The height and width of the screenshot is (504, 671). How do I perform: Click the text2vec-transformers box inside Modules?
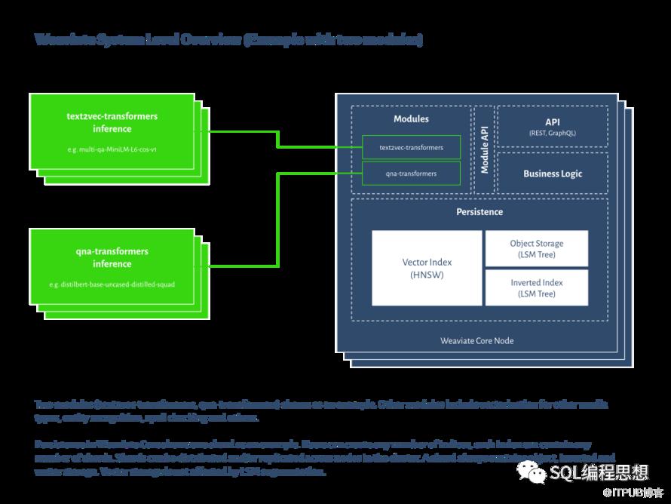click(x=411, y=147)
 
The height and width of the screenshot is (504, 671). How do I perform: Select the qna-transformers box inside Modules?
click(x=411, y=174)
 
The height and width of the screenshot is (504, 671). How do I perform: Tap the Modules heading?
click(x=411, y=119)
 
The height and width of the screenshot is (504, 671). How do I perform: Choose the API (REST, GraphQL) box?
click(x=553, y=126)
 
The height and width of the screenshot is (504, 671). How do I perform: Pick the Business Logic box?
click(x=553, y=174)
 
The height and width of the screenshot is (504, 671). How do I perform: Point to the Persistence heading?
click(x=480, y=212)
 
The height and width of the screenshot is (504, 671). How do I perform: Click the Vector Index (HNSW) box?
click(x=427, y=268)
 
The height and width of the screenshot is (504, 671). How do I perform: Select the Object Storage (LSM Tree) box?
click(x=536, y=248)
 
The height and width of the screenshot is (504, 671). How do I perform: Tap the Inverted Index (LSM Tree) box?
click(x=536, y=287)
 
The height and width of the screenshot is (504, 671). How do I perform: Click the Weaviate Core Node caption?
click(x=476, y=340)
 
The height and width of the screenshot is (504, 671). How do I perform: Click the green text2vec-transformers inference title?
click(x=112, y=123)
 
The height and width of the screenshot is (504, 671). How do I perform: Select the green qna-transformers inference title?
click(x=112, y=257)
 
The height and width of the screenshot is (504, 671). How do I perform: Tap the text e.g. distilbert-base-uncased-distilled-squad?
click(x=112, y=284)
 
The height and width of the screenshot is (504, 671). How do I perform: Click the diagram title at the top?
click(x=228, y=40)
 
